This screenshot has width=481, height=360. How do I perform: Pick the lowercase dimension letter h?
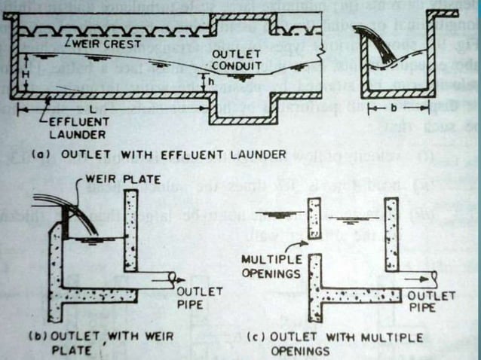[x=213, y=82]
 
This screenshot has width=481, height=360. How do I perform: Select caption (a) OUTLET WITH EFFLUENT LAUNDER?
[x=158, y=154]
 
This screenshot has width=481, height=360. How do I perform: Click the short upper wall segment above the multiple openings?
[x=314, y=218]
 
